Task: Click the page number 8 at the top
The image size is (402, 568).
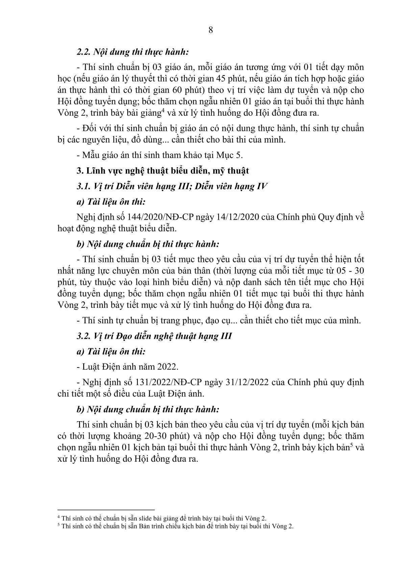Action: [210, 30]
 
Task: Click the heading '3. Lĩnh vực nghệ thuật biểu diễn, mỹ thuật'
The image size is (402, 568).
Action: [163, 171]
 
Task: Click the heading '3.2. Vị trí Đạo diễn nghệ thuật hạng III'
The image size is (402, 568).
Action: [154, 336]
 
